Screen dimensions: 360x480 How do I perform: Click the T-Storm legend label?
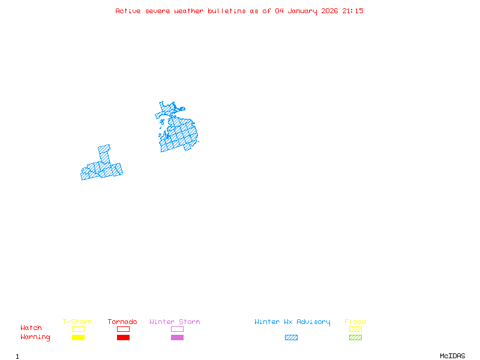pos(77,322)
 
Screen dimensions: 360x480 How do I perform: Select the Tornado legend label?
pos(122,322)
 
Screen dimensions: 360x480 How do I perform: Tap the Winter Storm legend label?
pos(175,322)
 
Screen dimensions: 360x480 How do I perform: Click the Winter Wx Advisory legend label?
pos(292,322)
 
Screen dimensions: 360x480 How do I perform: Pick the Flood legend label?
pos(355,322)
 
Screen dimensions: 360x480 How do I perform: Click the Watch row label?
pos(31,328)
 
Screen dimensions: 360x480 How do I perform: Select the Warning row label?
pos(35,337)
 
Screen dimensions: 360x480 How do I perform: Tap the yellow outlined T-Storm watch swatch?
pos(78,329)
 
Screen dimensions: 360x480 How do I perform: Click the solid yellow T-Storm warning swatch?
pos(78,337)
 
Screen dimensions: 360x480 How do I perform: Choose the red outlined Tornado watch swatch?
pos(123,329)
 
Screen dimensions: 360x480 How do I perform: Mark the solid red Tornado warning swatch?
pos(123,337)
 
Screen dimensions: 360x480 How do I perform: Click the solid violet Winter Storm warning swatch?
pos(177,337)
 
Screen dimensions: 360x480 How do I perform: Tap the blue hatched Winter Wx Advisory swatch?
pos(291,337)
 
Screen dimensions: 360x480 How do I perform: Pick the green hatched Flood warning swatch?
pos(355,337)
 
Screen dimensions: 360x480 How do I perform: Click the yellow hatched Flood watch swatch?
pos(355,329)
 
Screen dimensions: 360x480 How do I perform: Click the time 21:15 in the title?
pos(353,11)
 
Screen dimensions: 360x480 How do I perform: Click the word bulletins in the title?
pos(226,11)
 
